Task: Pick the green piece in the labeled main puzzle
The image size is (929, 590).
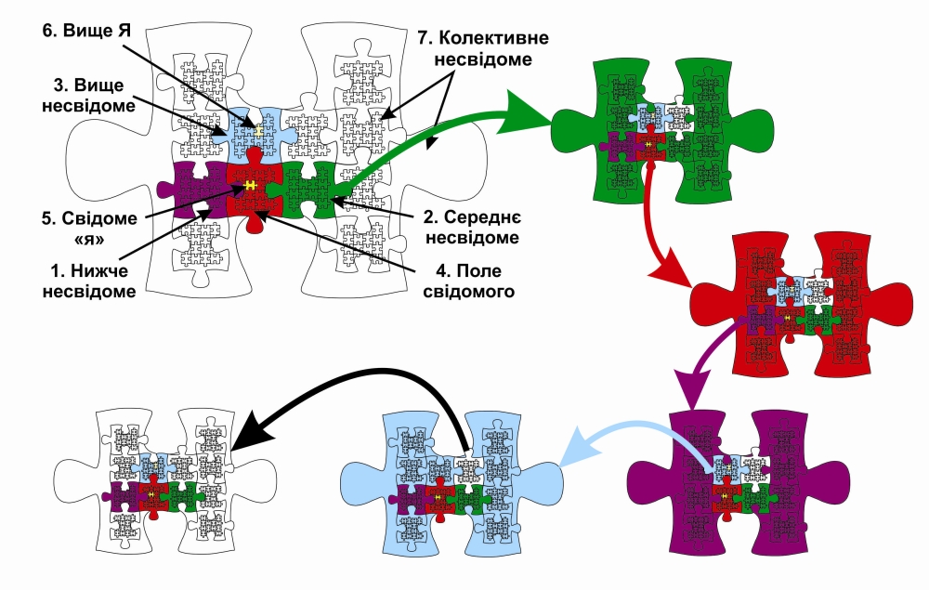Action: coord(311,186)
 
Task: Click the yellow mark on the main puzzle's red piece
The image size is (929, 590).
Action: coord(250,186)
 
